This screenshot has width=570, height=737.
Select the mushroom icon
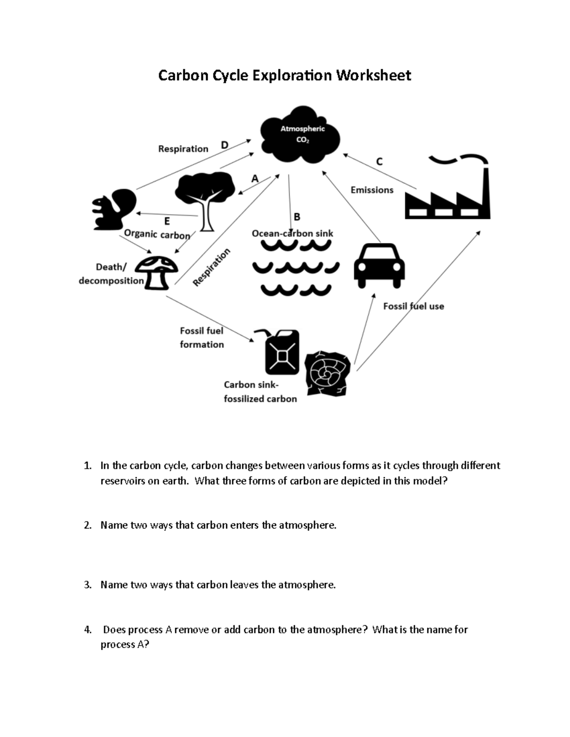tap(157, 272)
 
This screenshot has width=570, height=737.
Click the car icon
tap(379, 265)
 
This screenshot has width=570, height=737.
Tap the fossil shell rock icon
tap(327, 373)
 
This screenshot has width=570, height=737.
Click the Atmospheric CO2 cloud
tap(301, 135)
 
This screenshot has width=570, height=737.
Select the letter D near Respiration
tap(225, 145)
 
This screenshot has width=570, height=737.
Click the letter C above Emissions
tap(379, 162)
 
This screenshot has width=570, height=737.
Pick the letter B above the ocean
tap(297, 217)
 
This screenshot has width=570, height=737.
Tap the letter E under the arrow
tap(167, 221)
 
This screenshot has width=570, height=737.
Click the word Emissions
tap(372, 190)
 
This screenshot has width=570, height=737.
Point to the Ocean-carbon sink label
tap(292, 233)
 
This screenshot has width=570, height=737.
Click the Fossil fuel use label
tap(413, 306)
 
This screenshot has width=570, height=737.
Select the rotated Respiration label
tap(211, 267)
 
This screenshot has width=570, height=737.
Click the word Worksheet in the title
tap(374, 75)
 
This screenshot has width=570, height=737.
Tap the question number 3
tap(87, 585)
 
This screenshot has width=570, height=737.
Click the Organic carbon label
tap(157, 234)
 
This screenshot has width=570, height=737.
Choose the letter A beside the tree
tap(255, 178)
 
